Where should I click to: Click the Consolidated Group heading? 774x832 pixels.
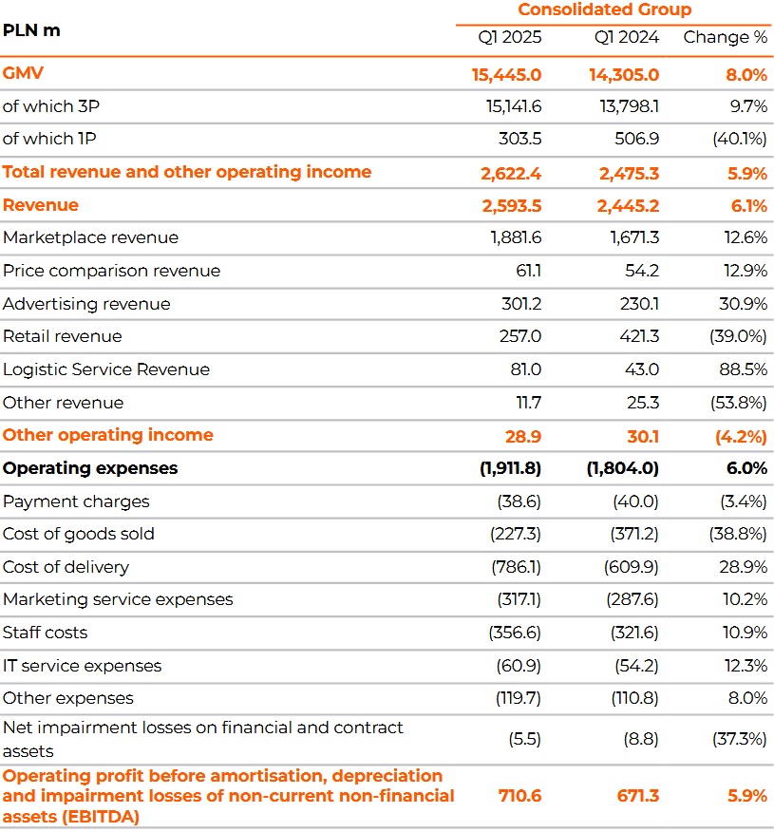(x=605, y=9)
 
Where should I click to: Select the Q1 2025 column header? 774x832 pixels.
(x=510, y=37)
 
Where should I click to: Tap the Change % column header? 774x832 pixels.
(x=726, y=37)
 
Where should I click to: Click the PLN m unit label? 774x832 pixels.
(x=31, y=30)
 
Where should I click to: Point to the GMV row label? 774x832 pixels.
(x=23, y=73)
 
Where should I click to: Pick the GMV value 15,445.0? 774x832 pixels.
(x=506, y=75)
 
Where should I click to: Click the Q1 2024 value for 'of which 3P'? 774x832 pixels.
(x=630, y=106)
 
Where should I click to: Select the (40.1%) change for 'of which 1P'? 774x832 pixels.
(x=740, y=139)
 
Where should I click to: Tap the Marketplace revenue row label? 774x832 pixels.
(x=91, y=237)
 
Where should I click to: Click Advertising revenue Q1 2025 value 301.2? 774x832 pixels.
(x=521, y=304)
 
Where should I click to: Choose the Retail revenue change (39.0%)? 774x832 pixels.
(x=738, y=336)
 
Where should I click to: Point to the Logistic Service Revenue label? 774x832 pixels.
(x=106, y=369)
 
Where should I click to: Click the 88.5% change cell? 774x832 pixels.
(x=744, y=369)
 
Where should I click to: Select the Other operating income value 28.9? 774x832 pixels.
(x=523, y=437)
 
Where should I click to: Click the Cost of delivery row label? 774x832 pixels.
(x=66, y=567)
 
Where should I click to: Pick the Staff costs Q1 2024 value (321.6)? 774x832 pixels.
(x=634, y=633)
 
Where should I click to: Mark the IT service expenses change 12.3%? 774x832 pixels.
(x=746, y=666)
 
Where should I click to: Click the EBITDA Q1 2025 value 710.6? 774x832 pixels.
(x=519, y=796)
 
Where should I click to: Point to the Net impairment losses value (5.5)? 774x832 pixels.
(x=524, y=739)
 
